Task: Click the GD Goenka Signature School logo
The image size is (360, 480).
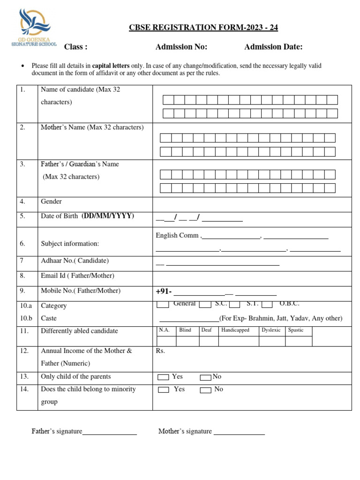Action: (33, 29)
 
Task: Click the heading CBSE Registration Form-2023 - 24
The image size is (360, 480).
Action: (203, 28)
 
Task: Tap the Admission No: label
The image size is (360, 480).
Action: (181, 46)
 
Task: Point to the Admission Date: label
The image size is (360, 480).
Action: (273, 46)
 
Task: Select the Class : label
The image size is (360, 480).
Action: (75, 46)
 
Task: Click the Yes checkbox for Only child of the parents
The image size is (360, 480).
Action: (163, 377)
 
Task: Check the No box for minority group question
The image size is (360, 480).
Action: (205, 390)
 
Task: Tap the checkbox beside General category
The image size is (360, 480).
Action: (163, 305)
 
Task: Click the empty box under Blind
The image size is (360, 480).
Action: (187, 341)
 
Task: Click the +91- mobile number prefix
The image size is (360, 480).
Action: (164, 292)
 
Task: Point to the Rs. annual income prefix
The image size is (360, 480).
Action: (160, 351)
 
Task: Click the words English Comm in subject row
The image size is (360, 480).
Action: (177, 235)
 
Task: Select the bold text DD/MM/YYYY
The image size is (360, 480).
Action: (108, 216)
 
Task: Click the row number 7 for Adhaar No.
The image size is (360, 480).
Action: (22, 261)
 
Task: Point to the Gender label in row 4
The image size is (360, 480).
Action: (51, 202)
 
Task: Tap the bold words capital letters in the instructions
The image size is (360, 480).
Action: (111, 66)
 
